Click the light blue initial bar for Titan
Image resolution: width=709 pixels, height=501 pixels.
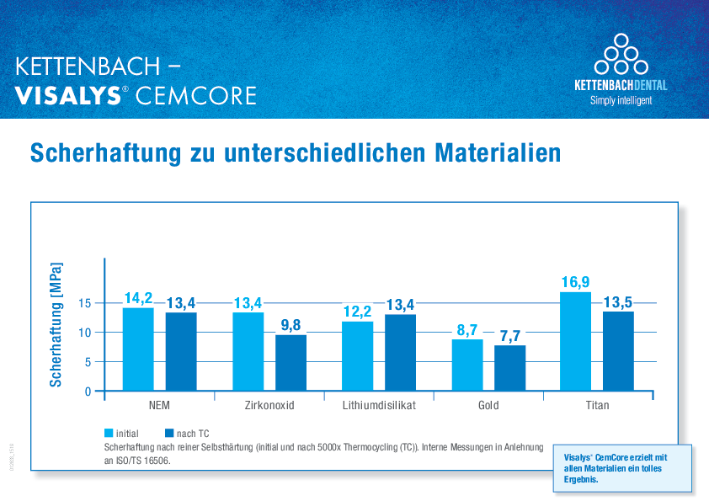(x=575, y=341)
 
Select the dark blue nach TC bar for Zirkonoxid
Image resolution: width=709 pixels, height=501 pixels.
(x=291, y=363)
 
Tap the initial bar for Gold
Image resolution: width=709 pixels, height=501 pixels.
(x=467, y=365)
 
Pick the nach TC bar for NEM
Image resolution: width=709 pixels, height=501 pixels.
(x=181, y=351)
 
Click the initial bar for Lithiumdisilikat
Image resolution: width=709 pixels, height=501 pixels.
(x=358, y=356)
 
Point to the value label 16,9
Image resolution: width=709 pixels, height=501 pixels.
(x=576, y=282)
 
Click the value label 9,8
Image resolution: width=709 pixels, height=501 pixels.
(x=291, y=326)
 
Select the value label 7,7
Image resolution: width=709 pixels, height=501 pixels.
(x=509, y=336)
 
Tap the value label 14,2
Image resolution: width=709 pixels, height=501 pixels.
(x=138, y=298)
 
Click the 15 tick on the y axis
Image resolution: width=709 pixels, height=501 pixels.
(x=84, y=303)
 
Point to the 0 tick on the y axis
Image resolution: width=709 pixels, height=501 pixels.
(x=88, y=392)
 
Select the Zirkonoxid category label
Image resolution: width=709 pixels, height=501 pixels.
(x=269, y=405)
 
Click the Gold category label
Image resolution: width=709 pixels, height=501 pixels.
(x=488, y=405)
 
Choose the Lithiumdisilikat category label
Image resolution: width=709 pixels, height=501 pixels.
(x=379, y=405)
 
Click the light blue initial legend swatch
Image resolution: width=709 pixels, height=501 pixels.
(x=109, y=433)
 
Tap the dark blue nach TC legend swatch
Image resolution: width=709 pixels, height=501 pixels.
(x=169, y=433)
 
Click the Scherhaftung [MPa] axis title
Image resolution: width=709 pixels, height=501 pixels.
(x=56, y=324)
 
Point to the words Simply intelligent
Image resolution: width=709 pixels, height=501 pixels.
(x=621, y=100)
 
